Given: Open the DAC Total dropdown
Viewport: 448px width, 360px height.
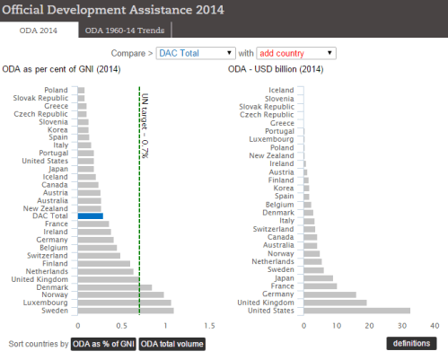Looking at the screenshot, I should click(x=194, y=53).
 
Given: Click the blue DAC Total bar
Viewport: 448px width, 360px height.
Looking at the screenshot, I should click(x=90, y=216).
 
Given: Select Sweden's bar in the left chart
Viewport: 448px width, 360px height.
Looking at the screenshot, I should click(x=125, y=310).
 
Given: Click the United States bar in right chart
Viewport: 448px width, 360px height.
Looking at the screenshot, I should click(x=356, y=310).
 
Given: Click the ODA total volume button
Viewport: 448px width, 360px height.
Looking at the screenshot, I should click(x=171, y=343).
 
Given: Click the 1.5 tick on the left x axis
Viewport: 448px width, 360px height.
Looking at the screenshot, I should click(x=208, y=325).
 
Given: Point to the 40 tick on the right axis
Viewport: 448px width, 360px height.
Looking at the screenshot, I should click(x=435, y=325).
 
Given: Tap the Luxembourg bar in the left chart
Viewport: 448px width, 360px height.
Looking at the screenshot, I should click(x=124, y=302).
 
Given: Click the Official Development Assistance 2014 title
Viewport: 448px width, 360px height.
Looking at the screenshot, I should click(x=111, y=9).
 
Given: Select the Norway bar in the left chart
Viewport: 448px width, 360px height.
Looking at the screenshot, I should click(x=120, y=294).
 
